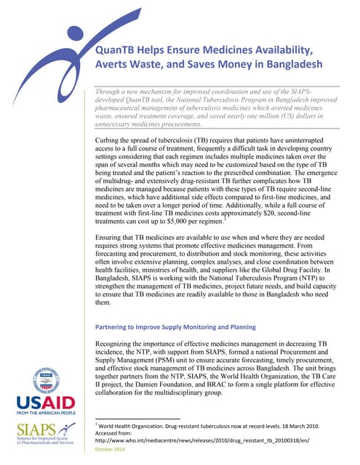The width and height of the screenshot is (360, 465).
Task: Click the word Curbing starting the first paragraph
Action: (112, 137)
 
